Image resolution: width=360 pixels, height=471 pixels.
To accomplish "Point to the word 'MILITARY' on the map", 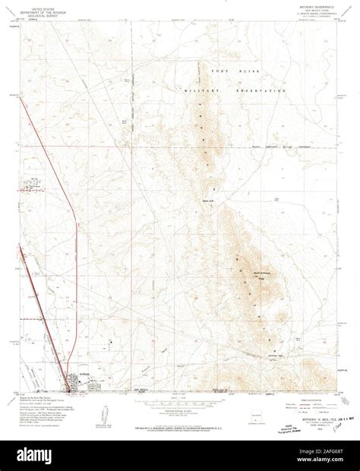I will coord(199,90).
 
